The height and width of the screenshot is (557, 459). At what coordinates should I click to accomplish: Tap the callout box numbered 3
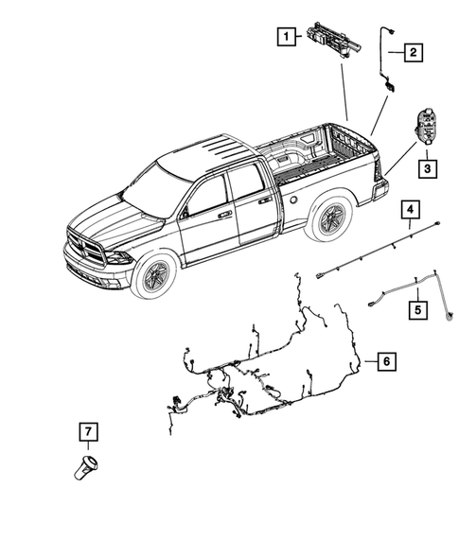pyautogui.click(x=427, y=169)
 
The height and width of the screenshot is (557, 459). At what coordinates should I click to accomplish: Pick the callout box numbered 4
pyautogui.click(x=410, y=210)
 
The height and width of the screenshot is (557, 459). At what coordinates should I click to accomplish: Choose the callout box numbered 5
pyautogui.click(x=417, y=308)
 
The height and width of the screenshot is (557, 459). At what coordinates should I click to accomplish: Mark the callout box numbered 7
pyautogui.click(x=87, y=432)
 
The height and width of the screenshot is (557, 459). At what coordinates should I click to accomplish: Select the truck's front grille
pyautogui.click(x=88, y=251)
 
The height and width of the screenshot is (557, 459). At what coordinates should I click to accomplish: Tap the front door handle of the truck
pyautogui.click(x=224, y=216)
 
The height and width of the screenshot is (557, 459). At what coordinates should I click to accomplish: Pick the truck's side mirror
pyautogui.click(x=184, y=213)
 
